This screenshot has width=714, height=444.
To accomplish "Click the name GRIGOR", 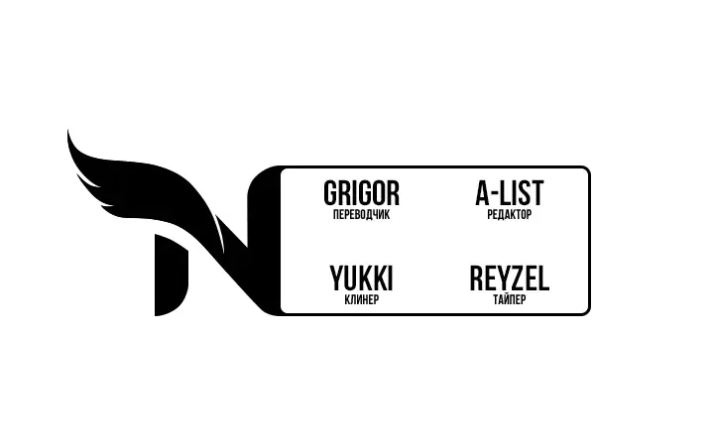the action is pyautogui.click(x=361, y=193).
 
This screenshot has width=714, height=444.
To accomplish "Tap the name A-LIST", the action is pyautogui.click(x=509, y=193).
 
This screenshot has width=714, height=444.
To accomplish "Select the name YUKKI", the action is pyautogui.click(x=361, y=278).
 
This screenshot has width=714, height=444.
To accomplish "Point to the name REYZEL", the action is pyautogui.click(x=509, y=278).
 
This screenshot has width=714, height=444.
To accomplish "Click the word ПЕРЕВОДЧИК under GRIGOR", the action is pyautogui.click(x=361, y=215).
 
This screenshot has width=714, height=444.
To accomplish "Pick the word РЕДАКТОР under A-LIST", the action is pyautogui.click(x=509, y=215).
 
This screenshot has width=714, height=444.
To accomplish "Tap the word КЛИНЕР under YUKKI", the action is pyautogui.click(x=362, y=299).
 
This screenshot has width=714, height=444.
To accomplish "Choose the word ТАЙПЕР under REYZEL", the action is pyautogui.click(x=509, y=299).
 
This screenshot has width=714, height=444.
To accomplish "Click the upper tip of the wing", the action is pyautogui.click(x=67, y=131).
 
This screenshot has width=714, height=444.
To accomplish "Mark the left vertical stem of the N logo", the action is pyautogui.click(x=171, y=275).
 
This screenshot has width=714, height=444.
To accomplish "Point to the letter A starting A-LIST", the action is pyautogui.click(x=482, y=193).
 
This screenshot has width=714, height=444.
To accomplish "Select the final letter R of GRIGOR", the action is pyautogui.click(x=393, y=193).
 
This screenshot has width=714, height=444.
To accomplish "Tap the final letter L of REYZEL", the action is pyautogui.click(x=543, y=278).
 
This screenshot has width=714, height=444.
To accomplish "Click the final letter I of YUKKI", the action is pyautogui.click(x=390, y=278).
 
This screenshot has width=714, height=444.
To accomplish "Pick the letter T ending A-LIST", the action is pyautogui.click(x=537, y=193).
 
